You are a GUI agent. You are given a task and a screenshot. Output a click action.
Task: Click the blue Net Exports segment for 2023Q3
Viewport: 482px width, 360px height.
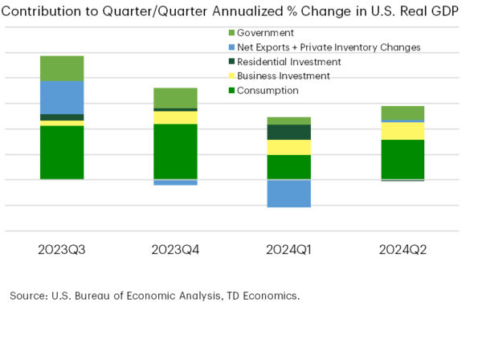[x=62, y=97]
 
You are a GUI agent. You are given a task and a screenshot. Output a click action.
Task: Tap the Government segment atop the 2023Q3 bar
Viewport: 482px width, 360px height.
[x=62, y=68]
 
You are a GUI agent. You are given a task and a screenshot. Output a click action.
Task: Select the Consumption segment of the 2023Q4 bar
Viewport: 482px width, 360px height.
[x=175, y=151]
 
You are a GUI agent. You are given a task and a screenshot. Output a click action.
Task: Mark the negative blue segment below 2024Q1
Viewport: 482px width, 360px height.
[x=289, y=193]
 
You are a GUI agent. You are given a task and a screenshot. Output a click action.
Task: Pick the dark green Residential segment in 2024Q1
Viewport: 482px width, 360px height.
[x=289, y=132]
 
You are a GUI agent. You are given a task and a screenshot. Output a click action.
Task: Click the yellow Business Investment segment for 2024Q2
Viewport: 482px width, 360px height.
[x=402, y=130]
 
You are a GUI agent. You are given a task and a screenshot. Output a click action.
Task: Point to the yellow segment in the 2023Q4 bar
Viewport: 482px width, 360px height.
[x=175, y=117]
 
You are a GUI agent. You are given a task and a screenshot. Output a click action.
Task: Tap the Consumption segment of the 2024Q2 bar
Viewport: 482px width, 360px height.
[x=402, y=159]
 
